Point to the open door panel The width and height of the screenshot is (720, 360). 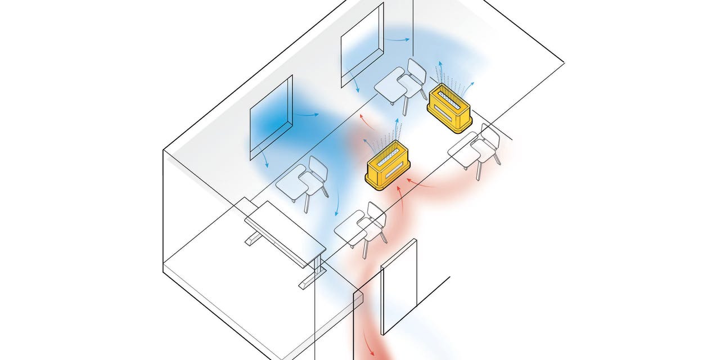pyautogui.click(x=399, y=287)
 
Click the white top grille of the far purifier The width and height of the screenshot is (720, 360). pyautogui.click(x=450, y=96)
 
